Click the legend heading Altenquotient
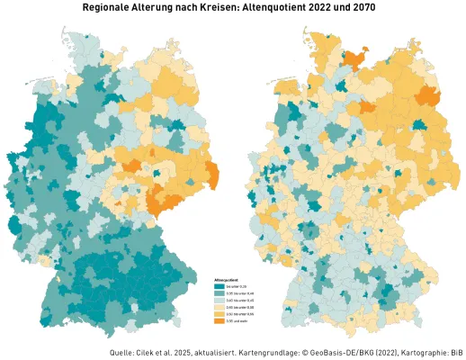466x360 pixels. click(225, 280)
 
